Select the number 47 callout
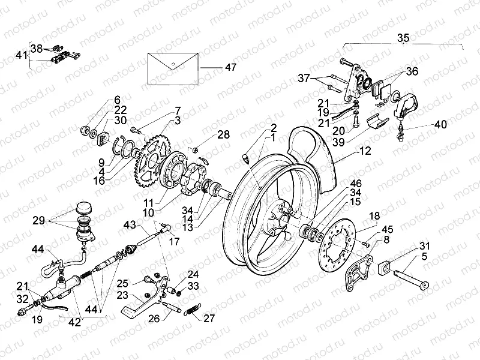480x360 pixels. pyautogui.click(x=230, y=68)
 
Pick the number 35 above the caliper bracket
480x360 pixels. pyautogui.click(x=403, y=38)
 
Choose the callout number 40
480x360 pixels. pyautogui.click(x=440, y=125)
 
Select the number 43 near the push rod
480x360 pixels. pyautogui.click(x=130, y=224)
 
